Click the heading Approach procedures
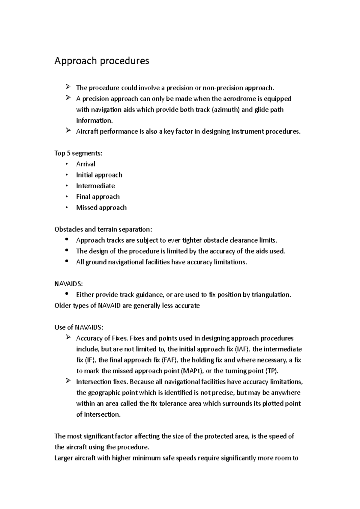click(102, 61)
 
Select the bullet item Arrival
click(86, 164)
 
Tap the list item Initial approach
click(99, 175)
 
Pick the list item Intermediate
click(95, 186)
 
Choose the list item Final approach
click(98, 197)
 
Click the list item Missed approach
click(101, 208)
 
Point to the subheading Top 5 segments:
click(78, 153)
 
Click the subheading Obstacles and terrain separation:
click(103, 230)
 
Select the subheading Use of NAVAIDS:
click(79, 327)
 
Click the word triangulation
click(271, 295)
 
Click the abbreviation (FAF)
click(169, 360)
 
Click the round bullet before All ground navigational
click(67, 261)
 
